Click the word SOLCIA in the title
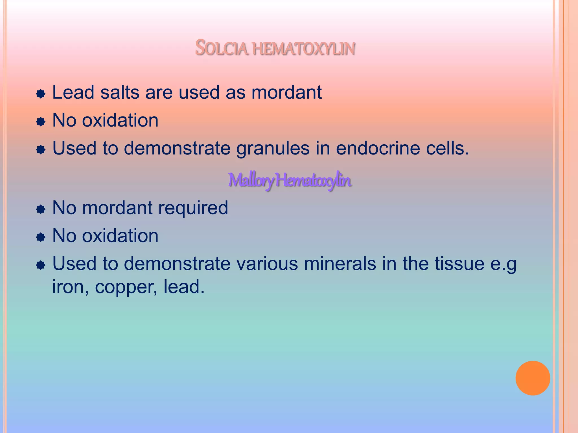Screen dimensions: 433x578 tap(222, 48)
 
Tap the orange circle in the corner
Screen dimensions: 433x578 tap(533, 378)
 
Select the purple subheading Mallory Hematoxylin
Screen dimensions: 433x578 tap(290, 180)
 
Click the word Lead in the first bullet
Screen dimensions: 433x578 tap(73, 92)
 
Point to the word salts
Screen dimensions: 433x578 tap(120, 92)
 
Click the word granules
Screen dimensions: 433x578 tap(273, 148)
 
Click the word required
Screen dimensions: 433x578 tap(193, 208)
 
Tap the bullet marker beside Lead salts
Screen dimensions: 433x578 tap(41, 94)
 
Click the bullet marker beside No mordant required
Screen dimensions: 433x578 tap(41, 209)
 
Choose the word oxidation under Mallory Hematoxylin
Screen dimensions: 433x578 tap(120, 236)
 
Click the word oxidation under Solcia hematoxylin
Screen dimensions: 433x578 tap(120, 120)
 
